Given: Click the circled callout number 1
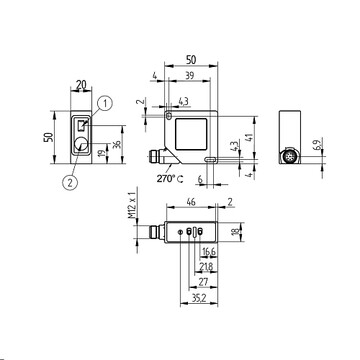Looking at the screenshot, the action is tap(105, 104).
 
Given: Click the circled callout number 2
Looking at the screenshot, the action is tap(70, 182).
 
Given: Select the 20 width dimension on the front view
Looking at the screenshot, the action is tap(81, 85).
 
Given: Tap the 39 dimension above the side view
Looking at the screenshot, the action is tap(189, 76).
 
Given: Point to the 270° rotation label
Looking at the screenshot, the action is tap(170, 179).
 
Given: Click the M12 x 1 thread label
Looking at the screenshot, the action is tap(132, 206).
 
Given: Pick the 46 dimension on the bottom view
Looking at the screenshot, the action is tap(191, 202).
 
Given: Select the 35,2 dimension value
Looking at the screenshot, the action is tap(200, 298).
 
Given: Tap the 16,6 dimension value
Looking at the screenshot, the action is tap(209, 252).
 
